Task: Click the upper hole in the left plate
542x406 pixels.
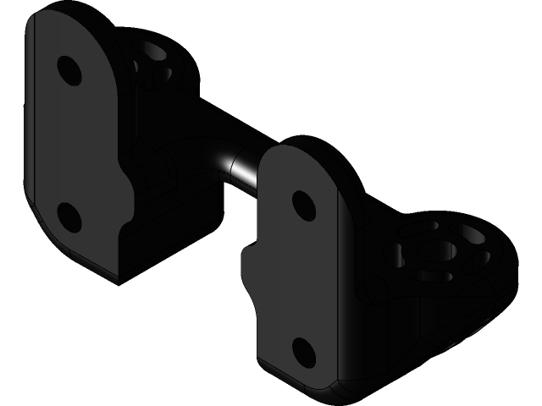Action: click(69, 70)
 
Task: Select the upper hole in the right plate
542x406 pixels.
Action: click(303, 206)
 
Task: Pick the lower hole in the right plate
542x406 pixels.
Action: click(302, 352)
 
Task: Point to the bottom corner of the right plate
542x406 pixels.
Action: click(318, 387)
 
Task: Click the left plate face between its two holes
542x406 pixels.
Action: click(72, 144)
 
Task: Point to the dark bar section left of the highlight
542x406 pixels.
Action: click(203, 135)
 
